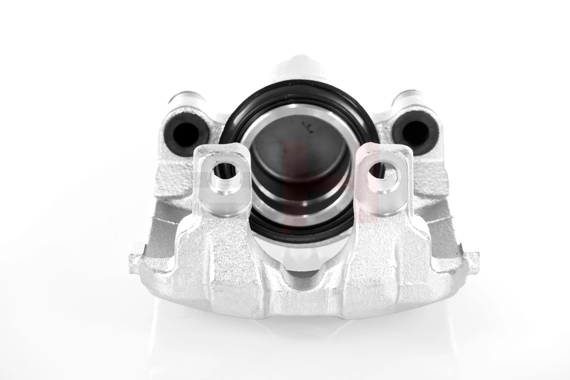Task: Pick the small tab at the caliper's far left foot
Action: pos(137,259)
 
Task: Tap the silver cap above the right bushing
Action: pos(408,97)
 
